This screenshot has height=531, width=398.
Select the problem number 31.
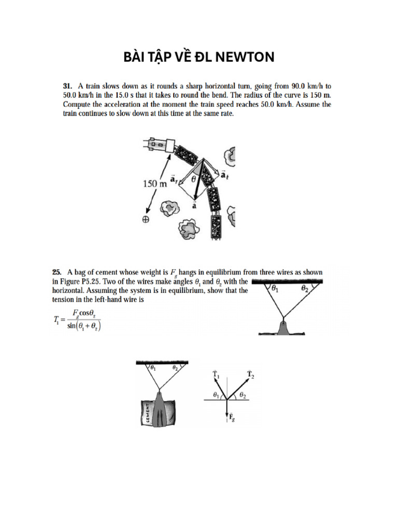[67, 85]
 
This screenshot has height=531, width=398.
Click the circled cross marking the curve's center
[146, 219]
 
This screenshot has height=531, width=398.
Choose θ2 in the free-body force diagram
[243, 396]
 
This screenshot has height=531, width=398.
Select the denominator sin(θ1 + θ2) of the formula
[82, 327]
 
